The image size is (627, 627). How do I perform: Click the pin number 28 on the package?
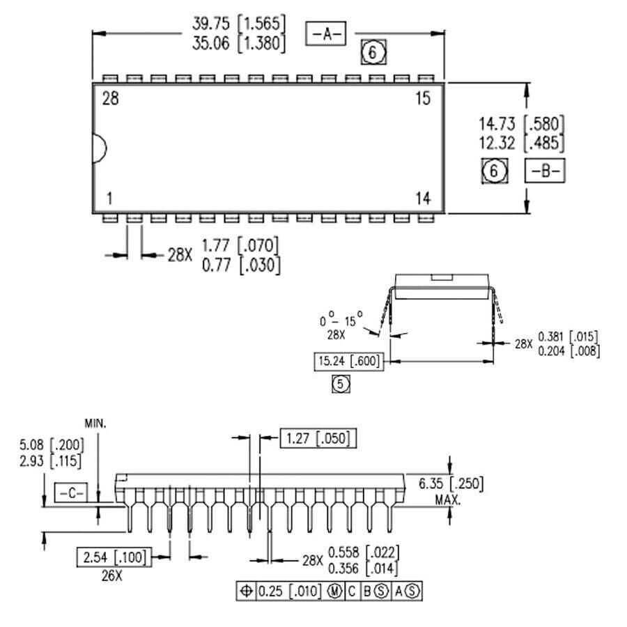point(110,98)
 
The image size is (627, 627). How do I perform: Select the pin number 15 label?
point(423,98)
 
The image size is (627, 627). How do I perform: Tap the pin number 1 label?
point(109,199)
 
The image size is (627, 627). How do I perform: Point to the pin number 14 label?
point(423,199)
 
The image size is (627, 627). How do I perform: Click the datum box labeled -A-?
point(326,33)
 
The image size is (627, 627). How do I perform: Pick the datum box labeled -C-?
point(69,493)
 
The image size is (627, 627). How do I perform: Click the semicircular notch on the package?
point(100,148)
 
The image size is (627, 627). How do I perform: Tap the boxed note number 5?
point(340,383)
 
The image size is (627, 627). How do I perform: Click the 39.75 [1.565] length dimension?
point(239,23)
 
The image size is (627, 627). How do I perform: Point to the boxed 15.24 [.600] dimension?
point(349,362)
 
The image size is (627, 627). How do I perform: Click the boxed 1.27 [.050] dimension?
point(318,438)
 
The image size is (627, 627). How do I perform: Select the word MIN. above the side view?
point(97,423)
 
